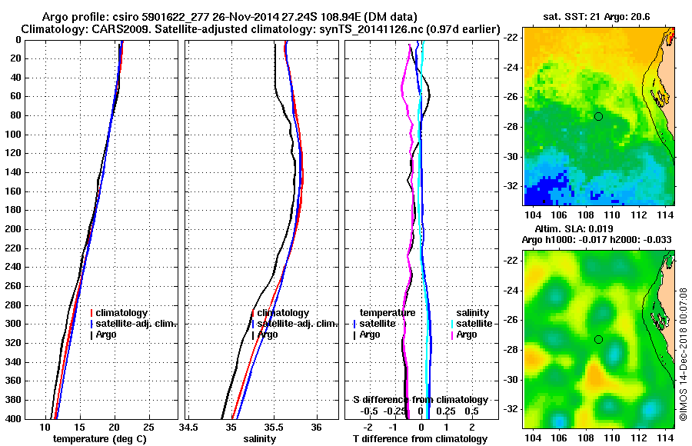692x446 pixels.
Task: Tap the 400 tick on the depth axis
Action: pyautogui.click(x=15, y=418)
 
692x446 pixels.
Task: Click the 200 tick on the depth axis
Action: pyautogui.click(x=15, y=228)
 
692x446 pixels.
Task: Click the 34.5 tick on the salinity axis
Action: pyautogui.click(x=189, y=427)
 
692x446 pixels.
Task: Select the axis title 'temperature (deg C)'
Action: pyautogui.click(x=100, y=439)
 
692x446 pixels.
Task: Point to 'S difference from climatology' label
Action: pyautogui.click(x=421, y=400)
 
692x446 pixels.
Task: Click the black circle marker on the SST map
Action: pyautogui.click(x=598, y=116)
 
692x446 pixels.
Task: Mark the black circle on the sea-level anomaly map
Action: pyautogui.click(x=598, y=340)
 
